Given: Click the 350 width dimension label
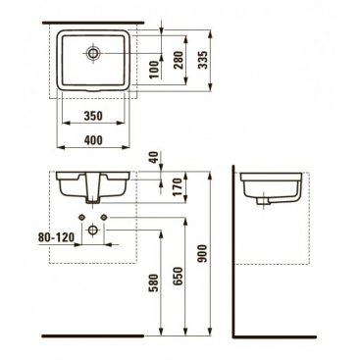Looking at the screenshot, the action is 93,116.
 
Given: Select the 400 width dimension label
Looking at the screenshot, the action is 93,140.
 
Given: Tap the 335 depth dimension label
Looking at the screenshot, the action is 203,60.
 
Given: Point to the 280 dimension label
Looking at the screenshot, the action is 179,60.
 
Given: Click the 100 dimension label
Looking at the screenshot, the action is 154,70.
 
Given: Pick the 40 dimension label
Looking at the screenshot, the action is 154,157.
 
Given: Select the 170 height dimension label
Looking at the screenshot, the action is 179,186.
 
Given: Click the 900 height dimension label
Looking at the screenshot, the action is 203,254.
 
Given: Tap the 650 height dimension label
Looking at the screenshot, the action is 179,277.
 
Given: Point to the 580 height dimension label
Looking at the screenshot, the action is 154,283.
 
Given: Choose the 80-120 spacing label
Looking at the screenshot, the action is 56,237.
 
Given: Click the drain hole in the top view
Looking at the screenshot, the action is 93,53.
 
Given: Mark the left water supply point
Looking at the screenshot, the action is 81,217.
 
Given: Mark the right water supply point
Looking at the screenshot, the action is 104,217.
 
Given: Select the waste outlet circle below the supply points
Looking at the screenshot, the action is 93,230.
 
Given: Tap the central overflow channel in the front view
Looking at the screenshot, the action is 93,188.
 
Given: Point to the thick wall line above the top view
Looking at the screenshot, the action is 93,23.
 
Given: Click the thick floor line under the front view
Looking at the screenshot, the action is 93,335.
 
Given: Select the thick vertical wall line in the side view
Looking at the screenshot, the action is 233,251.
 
